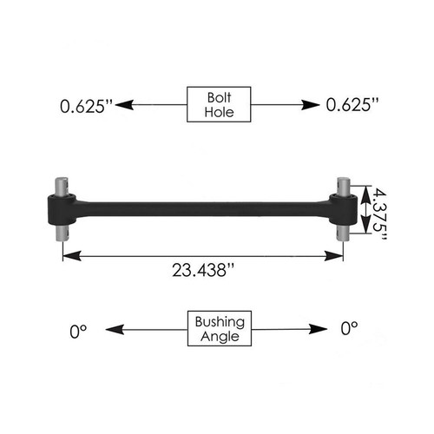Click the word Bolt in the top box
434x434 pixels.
tap(217, 96)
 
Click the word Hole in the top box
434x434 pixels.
tap(217, 112)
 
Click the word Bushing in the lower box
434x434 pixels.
tap(217, 322)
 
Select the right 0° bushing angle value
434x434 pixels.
tap(350, 330)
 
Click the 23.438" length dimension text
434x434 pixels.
tap(201, 271)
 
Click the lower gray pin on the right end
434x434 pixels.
tap(343, 232)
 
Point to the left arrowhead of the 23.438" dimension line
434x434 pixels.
tap(69, 255)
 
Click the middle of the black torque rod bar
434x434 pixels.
tap(204, 208)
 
